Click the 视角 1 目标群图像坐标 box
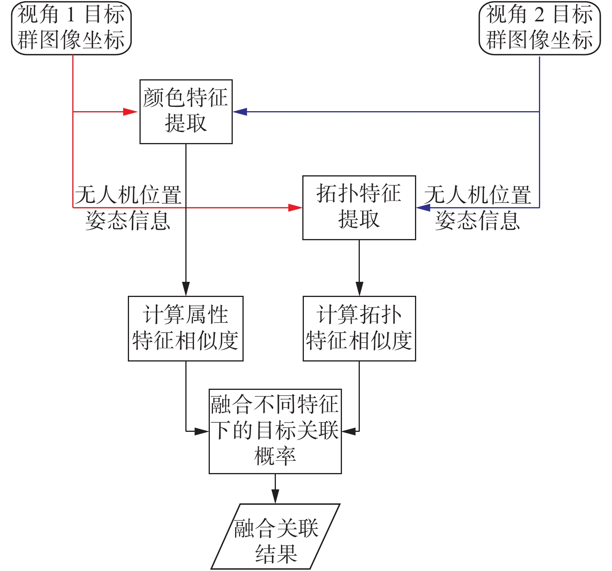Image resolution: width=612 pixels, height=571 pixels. pyautogui.click(x=71, y=28)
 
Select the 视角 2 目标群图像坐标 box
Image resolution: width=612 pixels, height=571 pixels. pyautogui.click(x=539, y=28)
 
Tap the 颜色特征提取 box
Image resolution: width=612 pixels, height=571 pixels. pyautogui.click(x=186, y=112)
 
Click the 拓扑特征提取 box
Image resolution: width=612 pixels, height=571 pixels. pyautogui.click(x=359, y=207)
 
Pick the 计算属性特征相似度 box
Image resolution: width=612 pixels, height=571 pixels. pyautogui.click(x=185, y=328)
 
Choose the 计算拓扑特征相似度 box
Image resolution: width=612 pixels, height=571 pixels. pyautogui.click(x=359, y=328)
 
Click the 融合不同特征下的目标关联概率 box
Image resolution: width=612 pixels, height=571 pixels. pyautogui.click(x=275, y=431)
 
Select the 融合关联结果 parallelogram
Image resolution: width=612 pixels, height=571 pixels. pyautogui.click(x=275, y=536)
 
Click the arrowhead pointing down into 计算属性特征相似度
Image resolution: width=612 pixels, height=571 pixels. pyautogui.click(x=186, y=289)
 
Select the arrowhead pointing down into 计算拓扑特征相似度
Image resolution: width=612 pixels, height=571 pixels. pyautogui.click(x=359, y=289)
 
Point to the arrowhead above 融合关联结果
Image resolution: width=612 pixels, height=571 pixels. pyautogui.click(x=275, y=496)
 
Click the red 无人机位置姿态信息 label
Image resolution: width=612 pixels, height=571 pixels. pyautogui.click(x=128, y=208)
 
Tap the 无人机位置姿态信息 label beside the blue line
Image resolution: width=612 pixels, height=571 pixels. pyautogui.click(x=478, y=208)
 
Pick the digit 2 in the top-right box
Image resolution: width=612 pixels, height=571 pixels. pyautogui.click(x=539, y=15)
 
